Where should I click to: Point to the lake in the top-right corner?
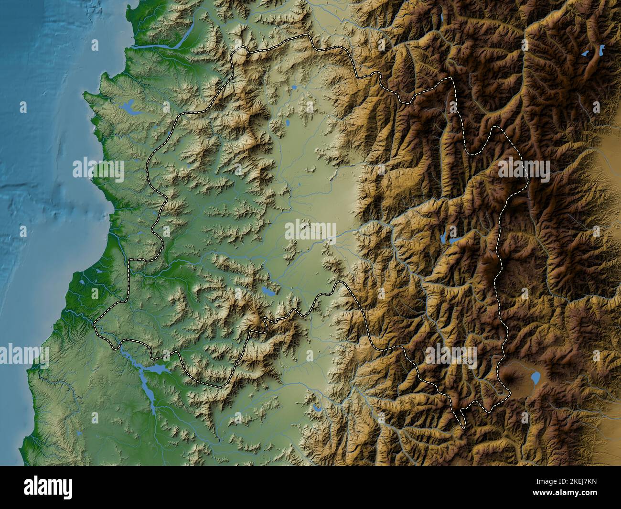(x=594, y=51)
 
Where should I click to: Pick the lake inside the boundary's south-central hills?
(x=267, y=290)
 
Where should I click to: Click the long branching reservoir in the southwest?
(x=146, y=378)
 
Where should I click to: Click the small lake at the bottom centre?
(x=317, y=408)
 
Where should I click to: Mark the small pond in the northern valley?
(x=294, y=87)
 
